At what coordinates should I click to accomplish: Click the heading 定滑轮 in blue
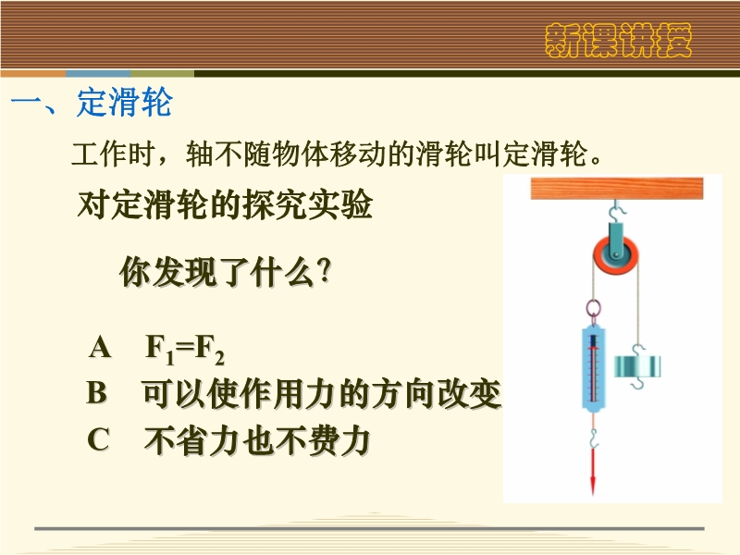(125, 102)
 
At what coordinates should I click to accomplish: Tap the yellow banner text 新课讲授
(618, 41)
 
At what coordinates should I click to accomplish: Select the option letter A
(100, 348)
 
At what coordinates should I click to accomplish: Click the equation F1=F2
(184, 350)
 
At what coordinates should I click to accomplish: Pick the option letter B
(97, 392)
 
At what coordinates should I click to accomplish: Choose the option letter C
(99, 439)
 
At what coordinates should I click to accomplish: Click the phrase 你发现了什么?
(226, 272)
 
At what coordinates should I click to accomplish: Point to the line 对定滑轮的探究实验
(225, 205)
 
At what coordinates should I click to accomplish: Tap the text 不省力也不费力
(257, 440)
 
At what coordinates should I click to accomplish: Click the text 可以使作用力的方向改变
(322, 394)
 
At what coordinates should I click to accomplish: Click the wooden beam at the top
(617, 189)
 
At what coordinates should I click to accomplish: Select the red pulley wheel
(616, 255)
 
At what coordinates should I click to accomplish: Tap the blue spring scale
(594, 366)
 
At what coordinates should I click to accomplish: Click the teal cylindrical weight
(637, 366)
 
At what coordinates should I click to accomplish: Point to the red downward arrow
(593, 471)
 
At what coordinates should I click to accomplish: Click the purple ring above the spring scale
(594, 309)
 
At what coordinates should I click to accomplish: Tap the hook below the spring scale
(594, 437)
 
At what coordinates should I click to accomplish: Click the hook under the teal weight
(637, 383)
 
